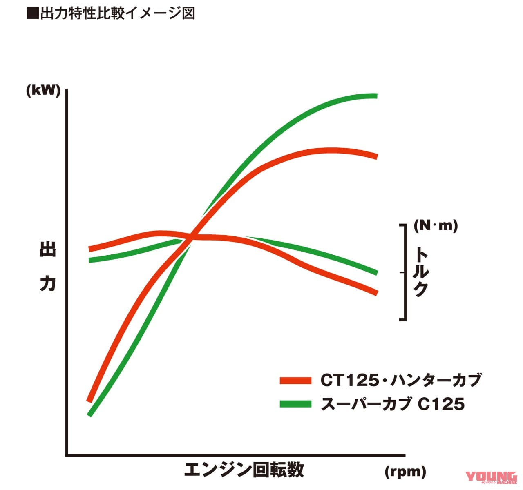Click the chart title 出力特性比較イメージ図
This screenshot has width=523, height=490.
117,13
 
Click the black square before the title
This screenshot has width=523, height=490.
32,13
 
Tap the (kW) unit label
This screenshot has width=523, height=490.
43,90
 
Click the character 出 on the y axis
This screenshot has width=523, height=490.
48,249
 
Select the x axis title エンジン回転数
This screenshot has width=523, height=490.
244,470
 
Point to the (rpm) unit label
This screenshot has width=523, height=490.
405,472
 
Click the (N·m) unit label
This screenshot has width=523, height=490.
436,225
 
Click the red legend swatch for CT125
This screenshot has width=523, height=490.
296,381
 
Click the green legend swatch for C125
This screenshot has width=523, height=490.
296,404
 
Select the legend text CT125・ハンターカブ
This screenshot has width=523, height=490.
401,380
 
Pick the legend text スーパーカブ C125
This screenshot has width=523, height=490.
393,404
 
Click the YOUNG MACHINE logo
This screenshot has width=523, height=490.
491,478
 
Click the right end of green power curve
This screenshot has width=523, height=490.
375,96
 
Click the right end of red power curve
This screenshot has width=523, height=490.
375,156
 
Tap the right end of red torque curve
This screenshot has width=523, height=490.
375,292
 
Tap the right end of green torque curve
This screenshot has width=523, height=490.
375,272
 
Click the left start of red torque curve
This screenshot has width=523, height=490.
91,249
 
